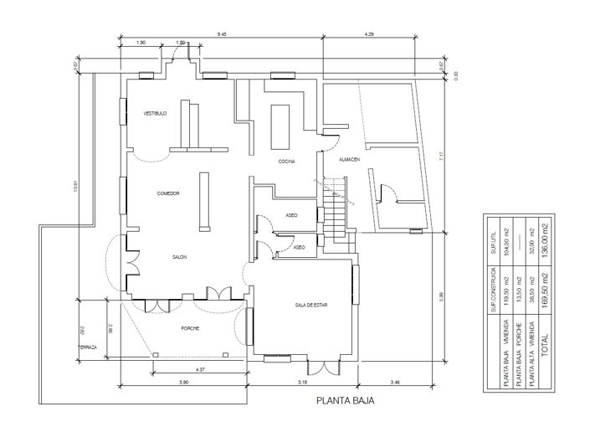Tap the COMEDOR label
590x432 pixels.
click(x=168, y=193)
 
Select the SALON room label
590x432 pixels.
click(x=179, y=257)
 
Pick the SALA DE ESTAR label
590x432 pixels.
click(x=310, y=306)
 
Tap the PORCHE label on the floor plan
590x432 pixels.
click(x=190, y=328)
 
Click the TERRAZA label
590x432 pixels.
click(x=88, y=347)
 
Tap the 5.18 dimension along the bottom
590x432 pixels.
click(x=302, y=382)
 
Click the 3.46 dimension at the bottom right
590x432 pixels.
click(x=396, y=382)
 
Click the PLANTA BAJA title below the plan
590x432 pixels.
click(x=345, y=402)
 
